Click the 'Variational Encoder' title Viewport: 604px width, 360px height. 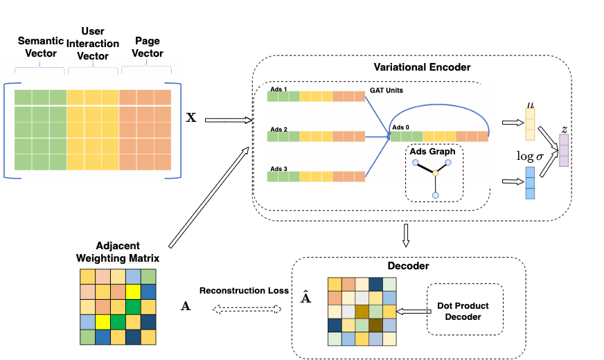(x=421, y=67)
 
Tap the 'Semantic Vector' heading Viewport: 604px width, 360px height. (x=41, y=46)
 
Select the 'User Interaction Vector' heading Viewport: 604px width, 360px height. (x=92, y=42)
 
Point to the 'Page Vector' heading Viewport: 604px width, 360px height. (x=147, y=47)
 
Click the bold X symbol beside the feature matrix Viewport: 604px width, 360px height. (x=191, y=118)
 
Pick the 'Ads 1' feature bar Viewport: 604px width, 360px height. (x=316, y=96)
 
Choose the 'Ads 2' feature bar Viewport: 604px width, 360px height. (x=316, y=137)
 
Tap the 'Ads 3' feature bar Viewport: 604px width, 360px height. (x=316, y=177)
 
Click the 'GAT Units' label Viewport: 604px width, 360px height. (x=387, y=91)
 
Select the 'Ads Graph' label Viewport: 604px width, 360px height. (x=434, y=151)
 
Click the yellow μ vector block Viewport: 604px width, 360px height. (x=530, y=124)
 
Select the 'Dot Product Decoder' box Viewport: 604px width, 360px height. (x=463, y=312)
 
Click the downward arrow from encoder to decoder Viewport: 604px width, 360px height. (x=407, y=236)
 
